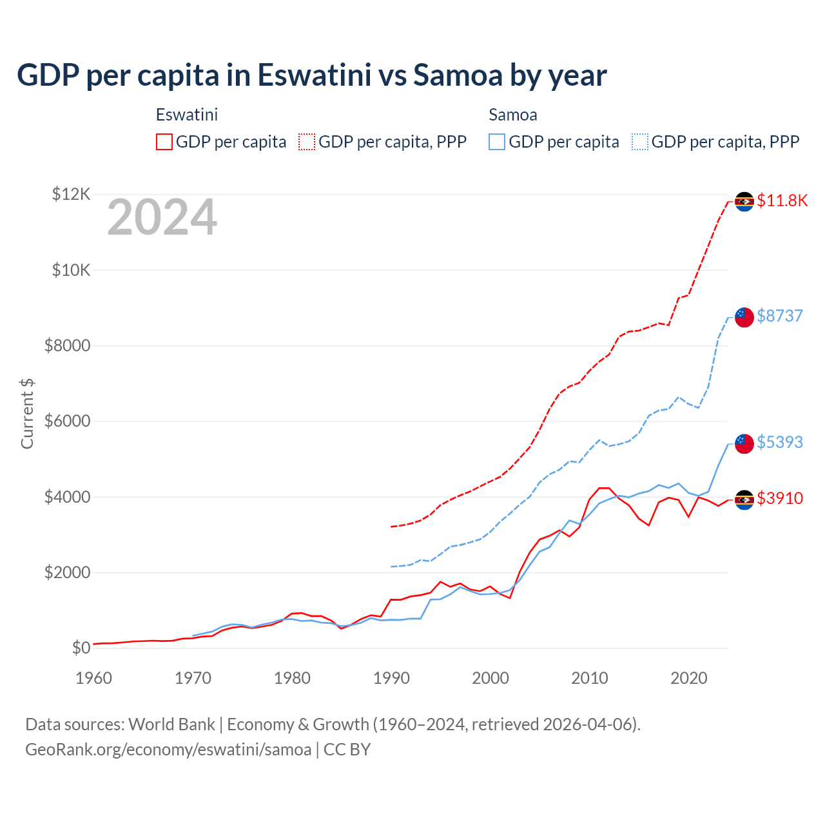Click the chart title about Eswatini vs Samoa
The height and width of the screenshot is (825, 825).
(x=312, y=75)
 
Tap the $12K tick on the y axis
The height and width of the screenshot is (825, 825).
(x=72, y=194)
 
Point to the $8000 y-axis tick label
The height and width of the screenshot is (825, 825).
(x=67, y=345)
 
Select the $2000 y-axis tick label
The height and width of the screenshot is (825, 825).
(x=67, y=572)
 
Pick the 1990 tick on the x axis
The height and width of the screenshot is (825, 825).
(x=391, y=678)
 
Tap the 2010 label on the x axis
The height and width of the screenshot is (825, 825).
(x=590, y=678)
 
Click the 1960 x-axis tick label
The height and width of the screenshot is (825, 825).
(x=94, y=678)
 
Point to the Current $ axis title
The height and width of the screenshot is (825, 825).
(x=27, y=413)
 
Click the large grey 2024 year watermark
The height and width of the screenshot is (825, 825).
(x=162, y=217)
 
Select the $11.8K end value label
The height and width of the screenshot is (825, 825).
(x=782, y=200)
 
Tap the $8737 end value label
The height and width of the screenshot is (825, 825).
(x=780, y=316)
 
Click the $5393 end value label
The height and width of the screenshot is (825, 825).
(x=780, y=442)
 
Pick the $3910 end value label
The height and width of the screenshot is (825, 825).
(x=780, y=498)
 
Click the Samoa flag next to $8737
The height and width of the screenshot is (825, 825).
(x=744, y=316)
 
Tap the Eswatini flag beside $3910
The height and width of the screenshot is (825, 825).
(x=744, y=500)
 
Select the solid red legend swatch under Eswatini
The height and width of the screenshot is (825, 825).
(x=164, y=142)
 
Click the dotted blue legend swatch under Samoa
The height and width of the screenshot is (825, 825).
(x=640, y=142)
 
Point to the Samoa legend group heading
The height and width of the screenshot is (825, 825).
(x=513, y=115)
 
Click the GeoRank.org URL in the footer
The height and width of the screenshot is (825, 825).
(x=168, y=750)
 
